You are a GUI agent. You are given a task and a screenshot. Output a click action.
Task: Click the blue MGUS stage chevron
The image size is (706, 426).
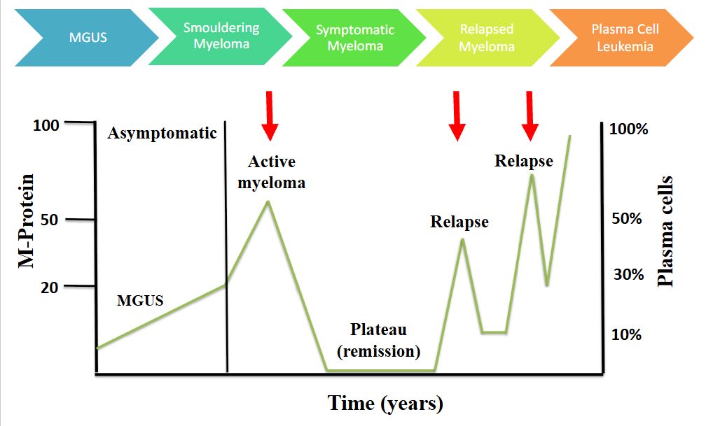(x=84, y=37)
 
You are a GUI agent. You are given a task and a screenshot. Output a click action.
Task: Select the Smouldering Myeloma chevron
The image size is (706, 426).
(x=221, y=37)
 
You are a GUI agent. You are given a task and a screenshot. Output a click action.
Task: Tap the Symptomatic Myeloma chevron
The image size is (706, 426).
(x=354, y=38)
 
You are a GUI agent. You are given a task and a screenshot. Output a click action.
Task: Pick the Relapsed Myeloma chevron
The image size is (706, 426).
(x=487, y=38)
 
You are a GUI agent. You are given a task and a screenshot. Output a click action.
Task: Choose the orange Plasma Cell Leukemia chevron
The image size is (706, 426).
(x=622, y=38)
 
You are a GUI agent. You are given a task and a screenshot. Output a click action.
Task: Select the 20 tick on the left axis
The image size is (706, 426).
(x=52, y=287)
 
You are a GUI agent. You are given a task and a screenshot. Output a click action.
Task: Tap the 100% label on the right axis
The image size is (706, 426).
(x=629, y=129)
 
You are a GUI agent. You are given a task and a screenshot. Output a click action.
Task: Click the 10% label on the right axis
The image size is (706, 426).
(x=626, y=334)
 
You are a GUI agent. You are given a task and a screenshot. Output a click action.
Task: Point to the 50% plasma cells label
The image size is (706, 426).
(x=627, y=219)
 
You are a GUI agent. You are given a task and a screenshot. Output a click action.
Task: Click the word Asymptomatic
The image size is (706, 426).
(x=162, y=133)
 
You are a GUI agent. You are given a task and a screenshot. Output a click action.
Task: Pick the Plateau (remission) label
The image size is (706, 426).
(x=378, y=340)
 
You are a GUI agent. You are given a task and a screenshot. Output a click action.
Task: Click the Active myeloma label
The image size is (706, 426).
(x=272, y=173)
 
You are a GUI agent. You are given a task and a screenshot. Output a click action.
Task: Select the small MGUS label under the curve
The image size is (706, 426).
(x=140, y=301)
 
